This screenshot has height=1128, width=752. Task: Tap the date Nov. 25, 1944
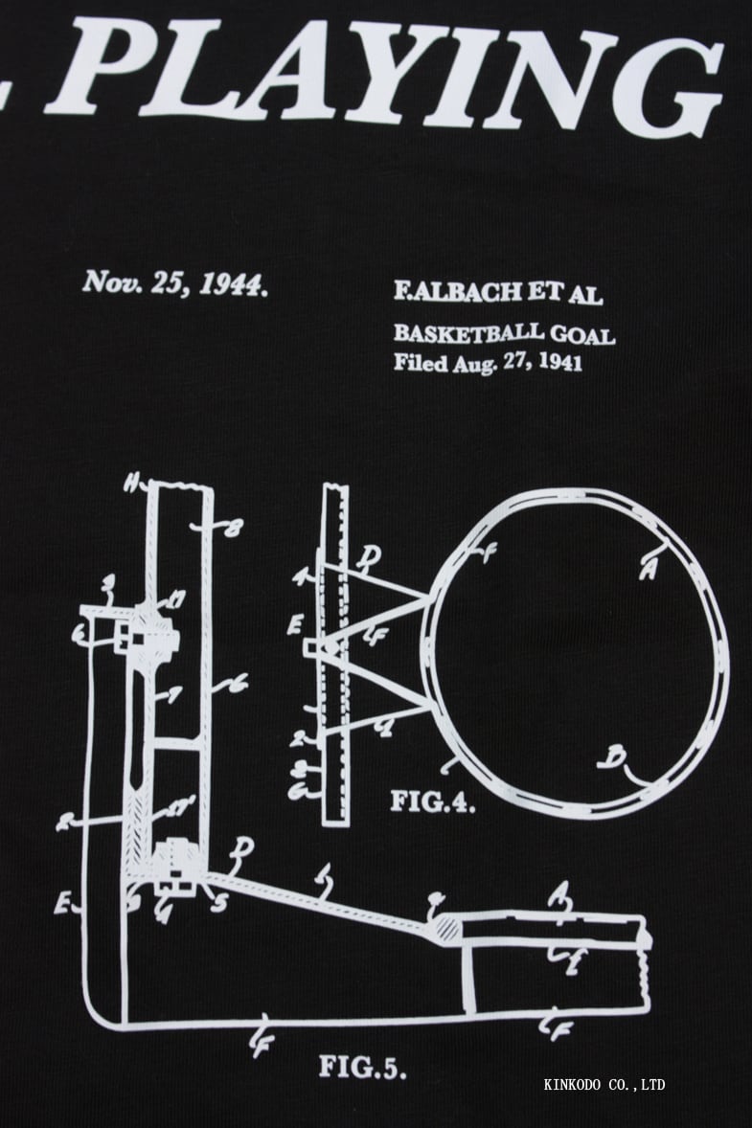click(x=173, y=283)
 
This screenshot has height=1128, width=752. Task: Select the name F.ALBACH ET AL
click(x=497, y=293)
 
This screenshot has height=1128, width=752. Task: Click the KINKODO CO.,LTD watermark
click(x=604, y=1085)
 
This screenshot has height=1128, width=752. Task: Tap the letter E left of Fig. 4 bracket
click(x=295, y=627)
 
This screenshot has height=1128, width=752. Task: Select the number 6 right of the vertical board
click(x=235, y=683)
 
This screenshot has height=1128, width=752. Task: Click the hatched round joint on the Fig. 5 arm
click(x=447, y=926)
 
